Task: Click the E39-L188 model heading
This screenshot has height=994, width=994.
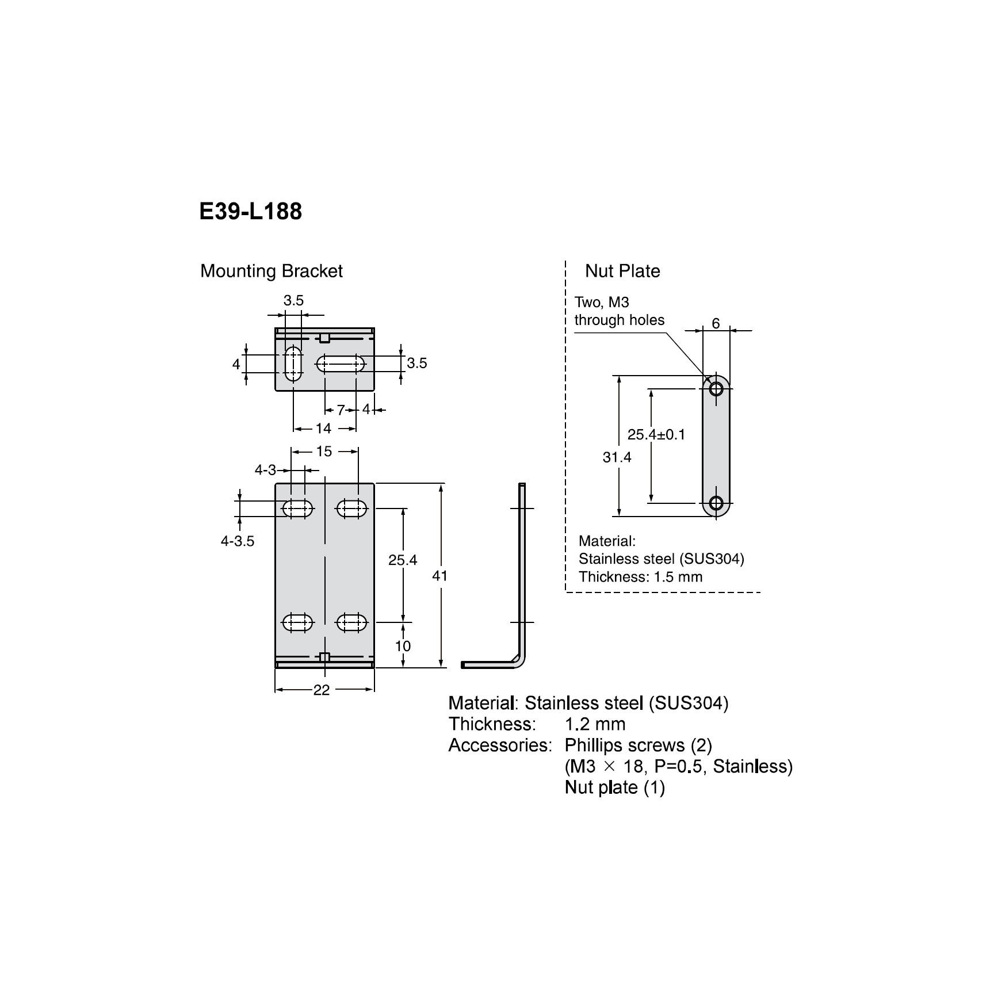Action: point(250,212)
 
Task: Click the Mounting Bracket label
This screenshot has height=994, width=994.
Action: point(271,271)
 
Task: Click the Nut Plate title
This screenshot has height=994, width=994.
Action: point(622,271)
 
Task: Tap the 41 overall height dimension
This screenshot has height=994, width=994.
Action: point(439,576)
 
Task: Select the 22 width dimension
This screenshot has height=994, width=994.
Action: point(322,690)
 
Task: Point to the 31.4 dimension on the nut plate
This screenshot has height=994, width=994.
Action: point(617,457)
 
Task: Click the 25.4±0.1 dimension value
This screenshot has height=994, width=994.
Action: point(656,434)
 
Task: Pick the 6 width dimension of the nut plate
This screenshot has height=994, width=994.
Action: point(716,323)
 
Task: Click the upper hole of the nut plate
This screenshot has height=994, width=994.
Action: point(716,389)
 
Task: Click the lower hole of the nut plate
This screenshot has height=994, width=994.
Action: point(716,503)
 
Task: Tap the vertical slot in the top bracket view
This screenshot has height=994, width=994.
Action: point(293,364)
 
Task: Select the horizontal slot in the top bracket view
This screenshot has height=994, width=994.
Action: point(341,364)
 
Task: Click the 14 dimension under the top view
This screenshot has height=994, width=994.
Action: point(324,429)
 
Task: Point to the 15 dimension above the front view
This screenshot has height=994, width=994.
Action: point(324,452)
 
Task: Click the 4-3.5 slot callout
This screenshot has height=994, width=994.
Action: point(237,541)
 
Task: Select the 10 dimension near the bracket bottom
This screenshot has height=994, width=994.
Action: point(403,646)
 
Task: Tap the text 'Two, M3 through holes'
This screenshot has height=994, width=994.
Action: point(619,311)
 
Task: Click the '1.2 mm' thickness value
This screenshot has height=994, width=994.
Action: point(595,724)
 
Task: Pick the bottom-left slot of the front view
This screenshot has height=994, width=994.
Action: point(298,622)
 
